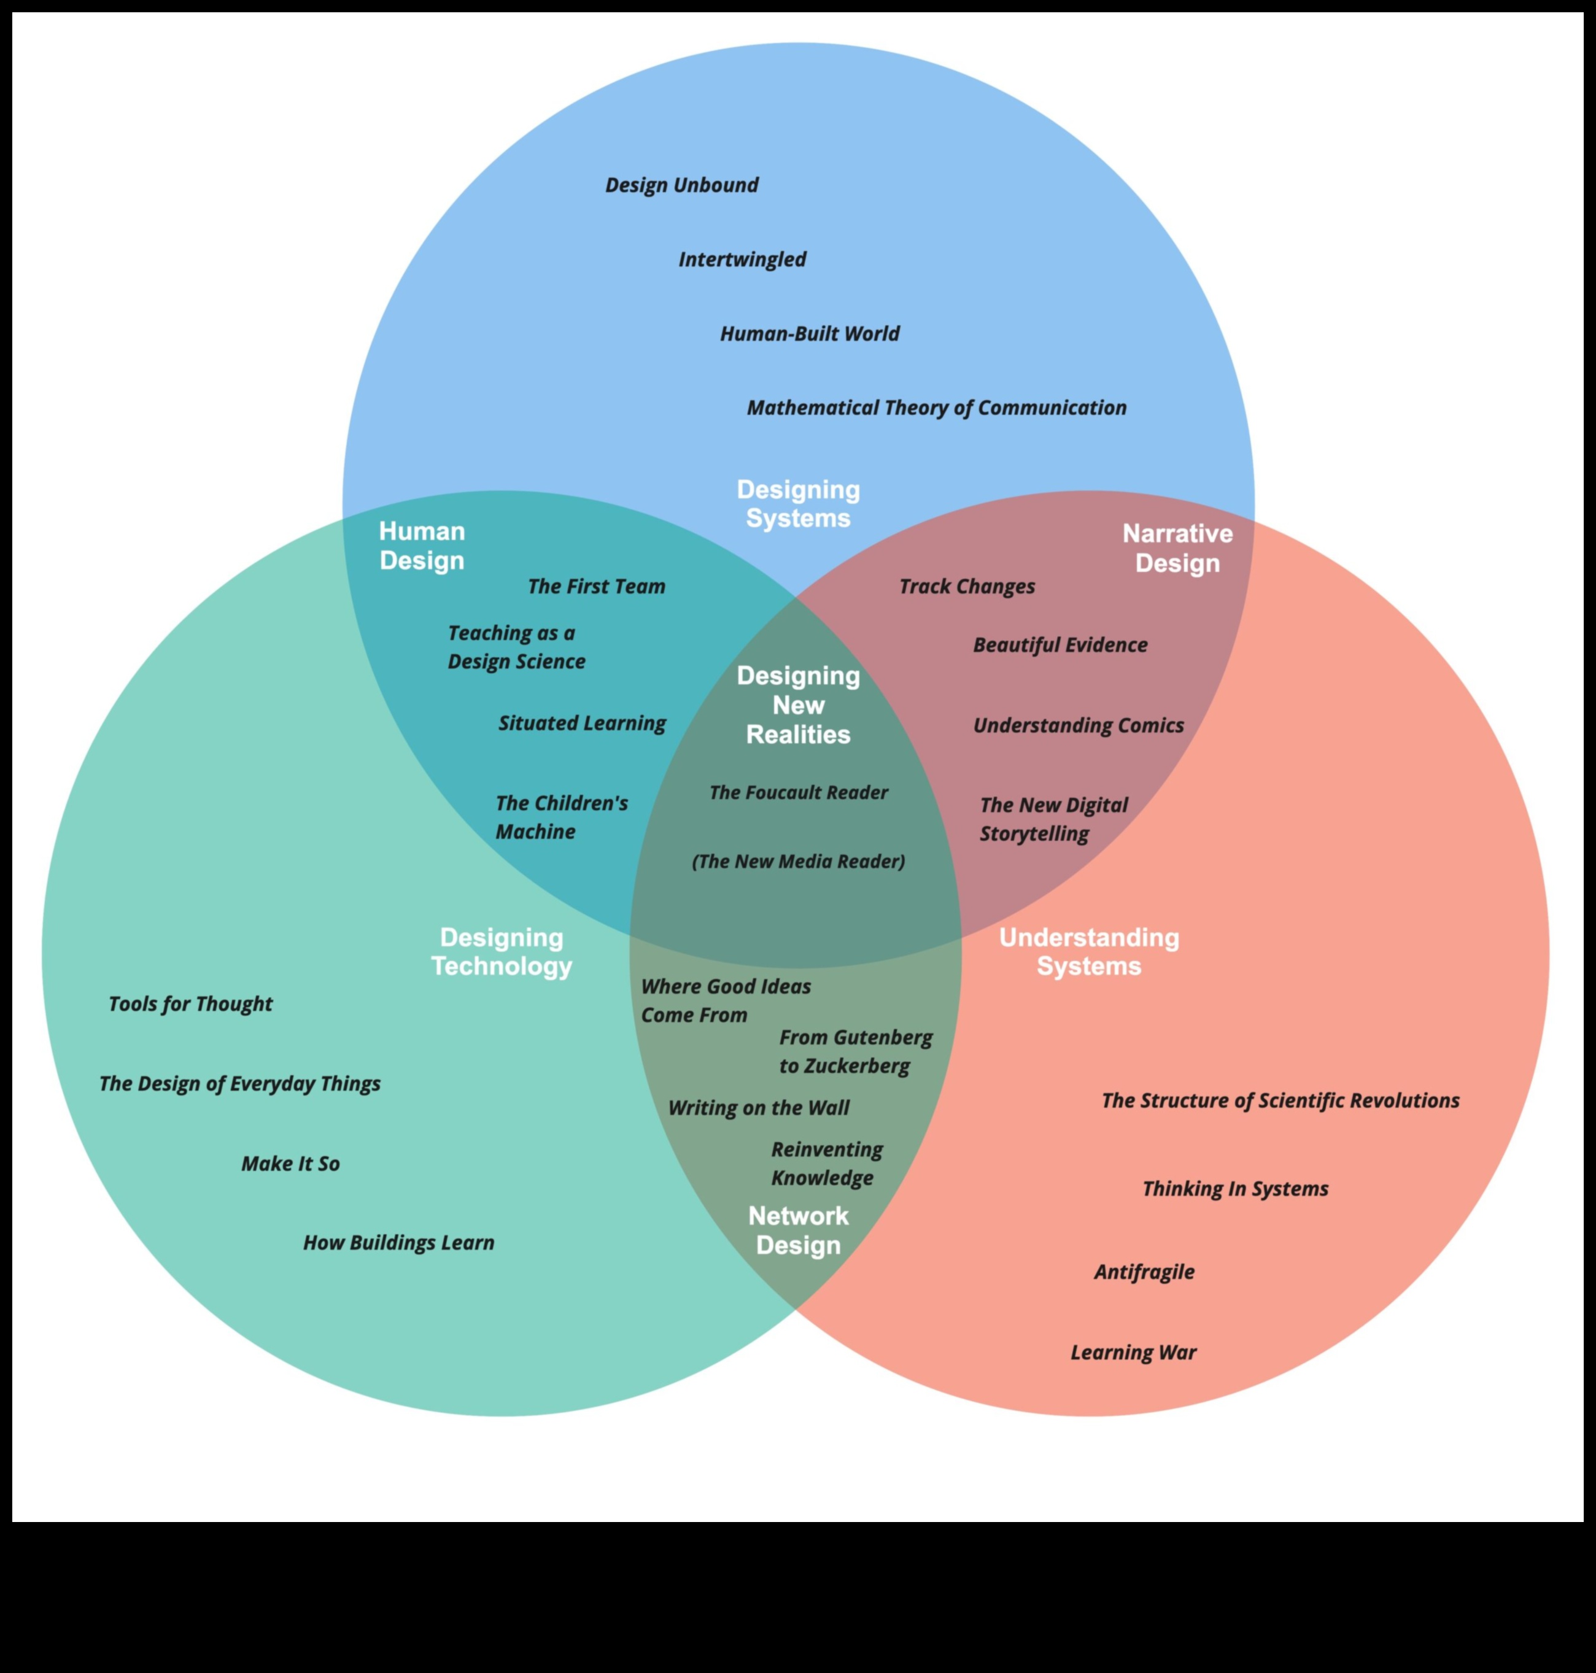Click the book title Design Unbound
click(681, 185)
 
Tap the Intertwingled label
click(742, 260)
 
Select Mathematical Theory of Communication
click(936, 408)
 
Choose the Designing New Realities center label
click(798, 705)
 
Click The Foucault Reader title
click(798, 793)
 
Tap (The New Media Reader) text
click(798, 862)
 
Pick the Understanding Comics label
click(1078, 725)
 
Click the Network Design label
click(798, 1231)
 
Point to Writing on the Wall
click(758, 1108)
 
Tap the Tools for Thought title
click(190, 1005)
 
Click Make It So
click(290, 1164)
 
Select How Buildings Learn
click(398, 1243)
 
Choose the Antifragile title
click(1144, 1272)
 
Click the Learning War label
click(1133, 1353)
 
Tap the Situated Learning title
click(582, 723)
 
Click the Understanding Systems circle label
click(1089, 952)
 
